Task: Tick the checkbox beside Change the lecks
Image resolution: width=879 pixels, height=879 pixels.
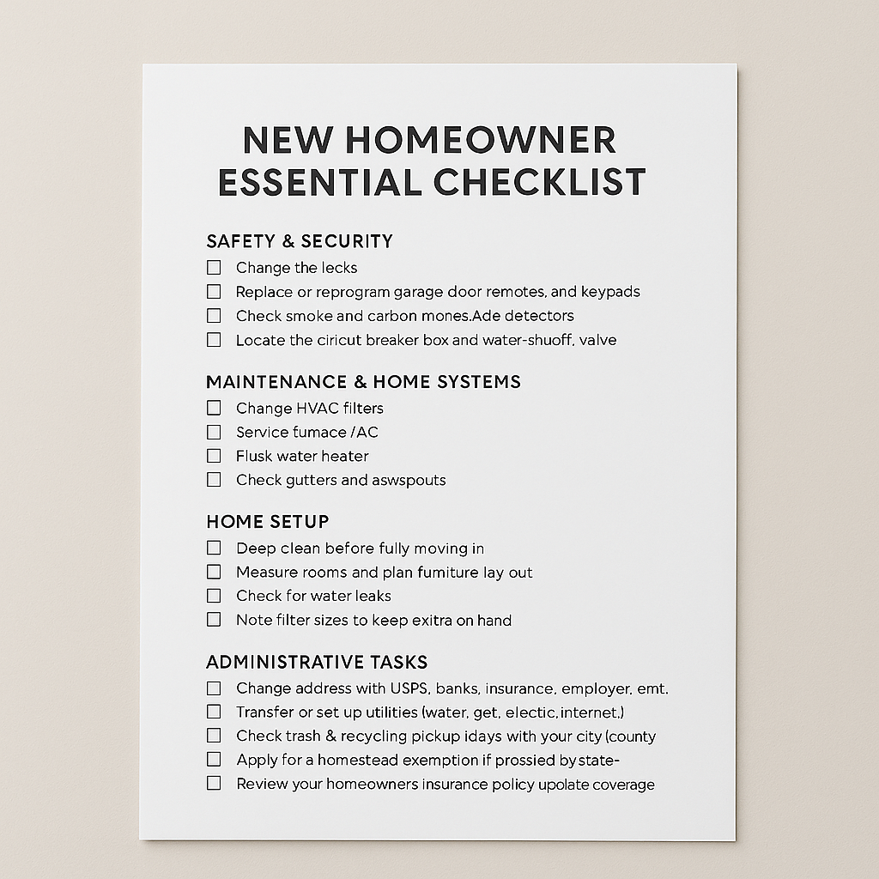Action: click(214, 268)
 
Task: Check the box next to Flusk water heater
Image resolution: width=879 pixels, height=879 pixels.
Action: click(214, 456)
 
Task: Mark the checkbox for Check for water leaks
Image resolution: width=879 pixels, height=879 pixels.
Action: click(214, 596)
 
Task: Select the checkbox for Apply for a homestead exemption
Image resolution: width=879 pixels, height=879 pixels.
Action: click(214, 760)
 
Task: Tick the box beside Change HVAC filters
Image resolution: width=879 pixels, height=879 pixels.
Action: click(214, 408)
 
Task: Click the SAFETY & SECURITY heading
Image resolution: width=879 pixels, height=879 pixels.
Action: click(300, 241)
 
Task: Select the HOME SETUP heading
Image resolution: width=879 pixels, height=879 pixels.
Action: click(268, 522)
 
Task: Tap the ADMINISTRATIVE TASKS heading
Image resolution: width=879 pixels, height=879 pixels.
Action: click(317, 663)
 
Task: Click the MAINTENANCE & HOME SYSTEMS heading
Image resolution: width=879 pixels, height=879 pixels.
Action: click(363, 382)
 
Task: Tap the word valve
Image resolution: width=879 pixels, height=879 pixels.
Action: click(597, 340)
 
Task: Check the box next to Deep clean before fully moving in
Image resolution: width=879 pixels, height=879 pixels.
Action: click(214, 548)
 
